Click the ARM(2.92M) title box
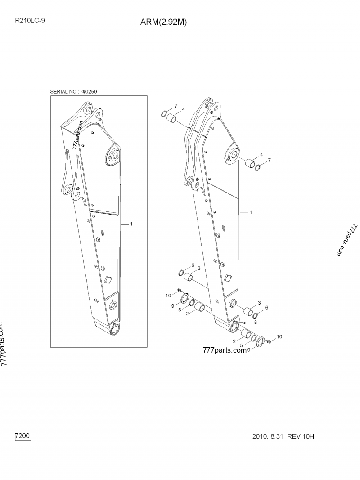[x=164, y=22]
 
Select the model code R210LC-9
[x=30, y=21]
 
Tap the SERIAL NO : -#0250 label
[x=73, y=91]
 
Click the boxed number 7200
[x=23, y=435]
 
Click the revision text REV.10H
[x=301, y=436]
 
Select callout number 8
[x=255, y=322]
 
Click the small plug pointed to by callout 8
[x=245, y=323]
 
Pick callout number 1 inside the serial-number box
[x=131, y=224]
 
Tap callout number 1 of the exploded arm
[x=251, y=212]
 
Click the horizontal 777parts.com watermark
[x=225, y=350]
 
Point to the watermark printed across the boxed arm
[x=78, y=135]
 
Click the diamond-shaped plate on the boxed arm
[x=108, y=280]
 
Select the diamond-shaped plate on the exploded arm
[x=227, y=278]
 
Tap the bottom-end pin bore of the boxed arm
[x=115, y=329]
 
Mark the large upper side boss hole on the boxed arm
[x=114, y=156]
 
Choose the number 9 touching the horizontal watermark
[x=249, y=350]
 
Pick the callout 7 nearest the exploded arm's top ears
[x=176, y=106]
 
